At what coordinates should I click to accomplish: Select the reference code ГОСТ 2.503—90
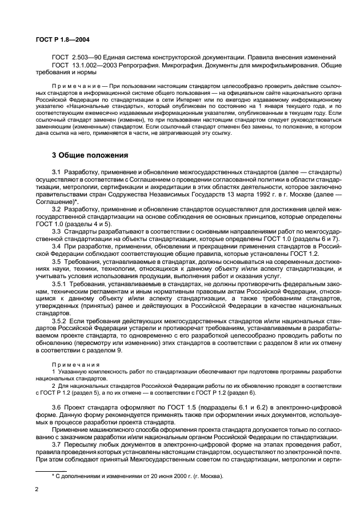coord(74,58)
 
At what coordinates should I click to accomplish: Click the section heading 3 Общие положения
coord(90,155)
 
